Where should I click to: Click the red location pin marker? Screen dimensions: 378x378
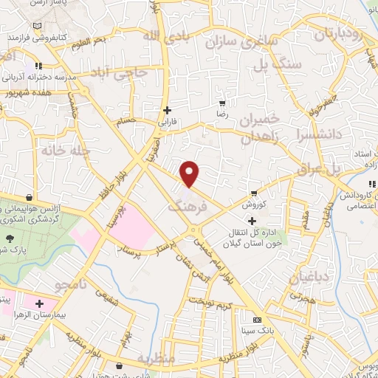point(190,174)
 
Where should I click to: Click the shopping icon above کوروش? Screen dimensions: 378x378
point(254,193)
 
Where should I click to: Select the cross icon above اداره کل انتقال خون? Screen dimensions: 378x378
point(252,221)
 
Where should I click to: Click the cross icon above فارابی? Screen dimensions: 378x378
point(168,110)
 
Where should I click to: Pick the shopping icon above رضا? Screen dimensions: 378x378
point(221,103)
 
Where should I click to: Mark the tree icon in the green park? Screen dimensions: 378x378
point(10,238)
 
